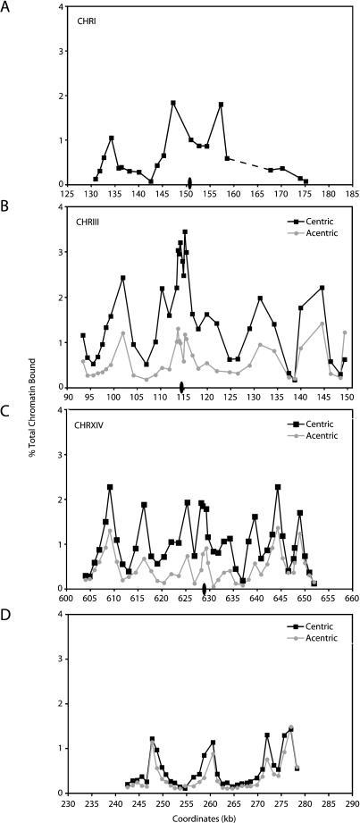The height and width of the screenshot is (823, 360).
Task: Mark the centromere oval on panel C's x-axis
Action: (x=205, y=589)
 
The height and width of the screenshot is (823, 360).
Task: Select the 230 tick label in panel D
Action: (x=67, y=802)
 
